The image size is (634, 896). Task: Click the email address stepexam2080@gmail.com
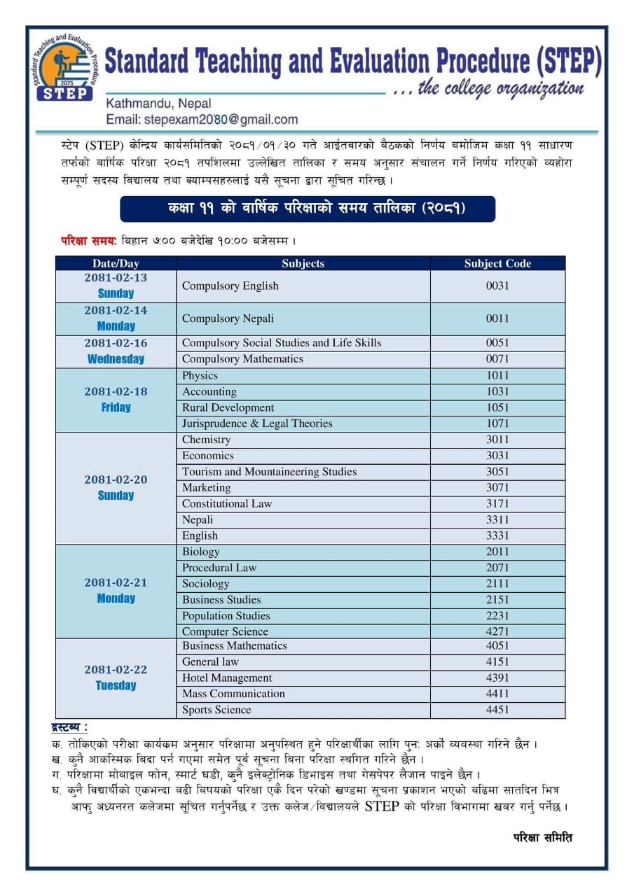[x=202, y=120]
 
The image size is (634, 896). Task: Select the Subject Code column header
[x=497, y=264]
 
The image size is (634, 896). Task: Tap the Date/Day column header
[x=116, y=264]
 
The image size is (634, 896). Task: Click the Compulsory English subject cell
[x=230, y=286]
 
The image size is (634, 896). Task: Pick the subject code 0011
[x=497, y=318]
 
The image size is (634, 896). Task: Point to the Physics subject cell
[x=200, y=375]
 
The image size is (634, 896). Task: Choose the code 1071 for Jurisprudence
[x=497, y=423]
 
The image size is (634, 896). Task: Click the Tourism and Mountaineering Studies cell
[x=269, y=472]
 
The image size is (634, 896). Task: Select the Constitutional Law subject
[x=227, y=504]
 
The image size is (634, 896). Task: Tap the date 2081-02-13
[x=116, y=278]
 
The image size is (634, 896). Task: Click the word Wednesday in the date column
[x=116, y=359]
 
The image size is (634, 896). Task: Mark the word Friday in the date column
[x=116, y=407]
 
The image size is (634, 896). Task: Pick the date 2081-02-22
[x=116, y=670]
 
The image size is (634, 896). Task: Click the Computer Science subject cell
[x=225, y=631]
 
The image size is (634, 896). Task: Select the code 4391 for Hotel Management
[x=497, y=678]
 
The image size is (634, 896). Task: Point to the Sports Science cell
[x=216, y=710]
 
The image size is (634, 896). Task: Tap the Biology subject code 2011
[x=497, y=552]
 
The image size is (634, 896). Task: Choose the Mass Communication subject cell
[x=233, y=694]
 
